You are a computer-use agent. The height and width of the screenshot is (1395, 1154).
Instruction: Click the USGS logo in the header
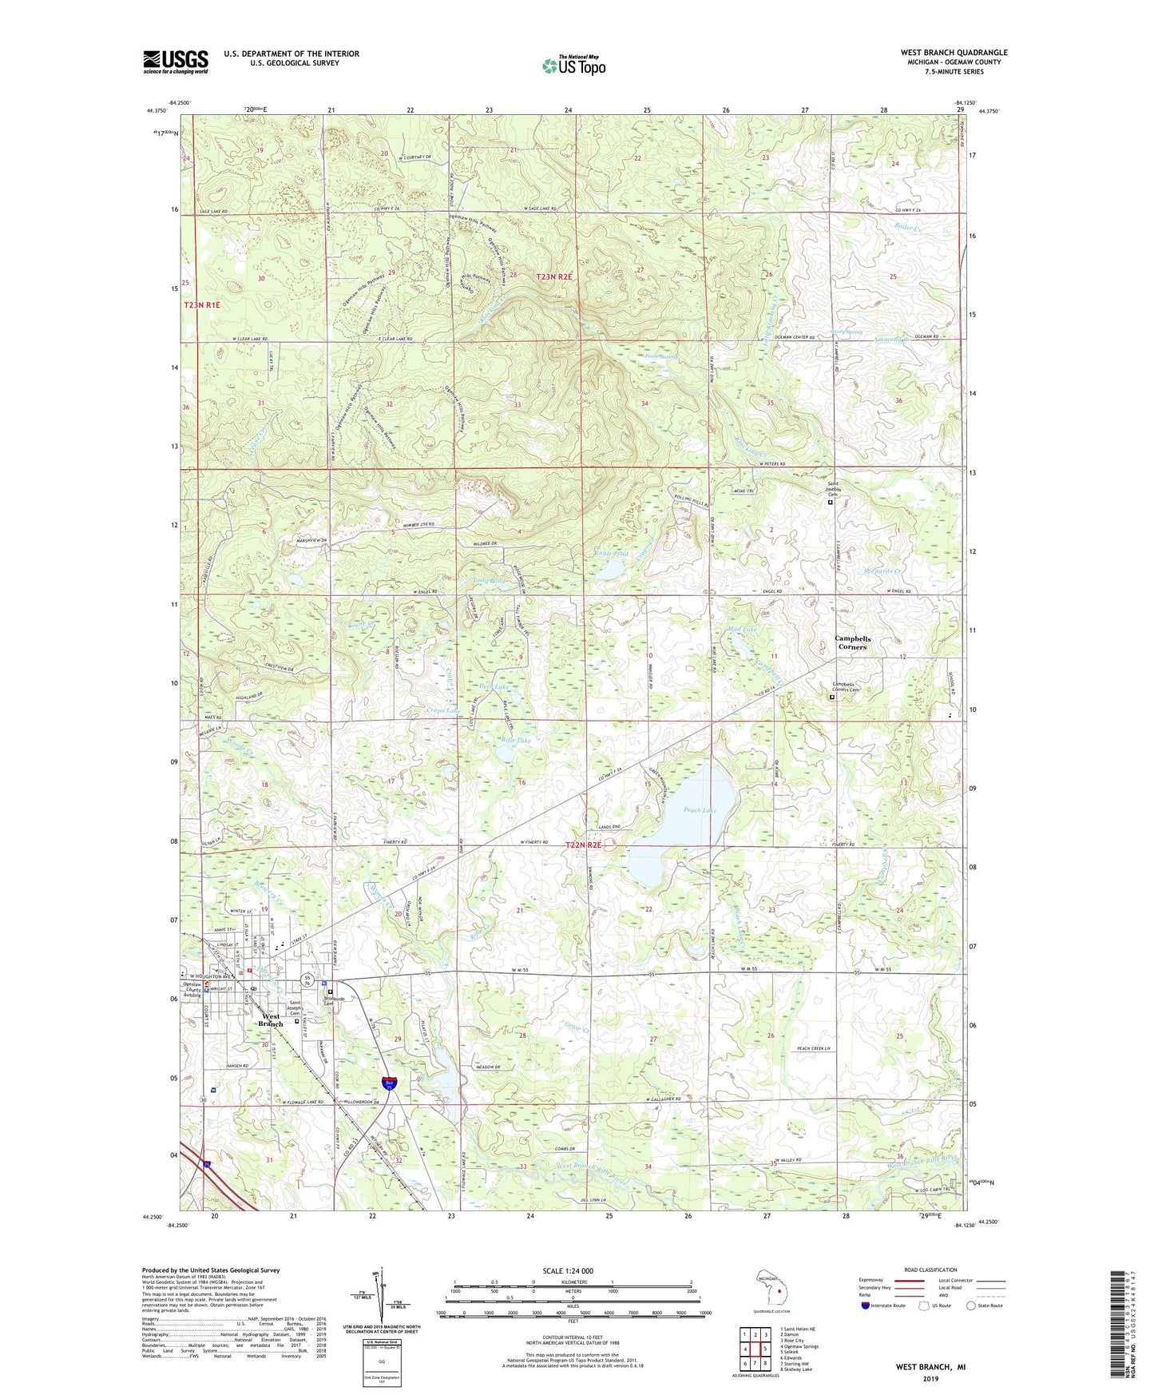click(x=176, y=62)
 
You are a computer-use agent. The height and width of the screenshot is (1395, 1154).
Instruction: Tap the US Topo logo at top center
click(x=573, y=66)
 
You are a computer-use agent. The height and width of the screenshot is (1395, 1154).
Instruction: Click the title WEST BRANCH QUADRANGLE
click(x=954, y=53)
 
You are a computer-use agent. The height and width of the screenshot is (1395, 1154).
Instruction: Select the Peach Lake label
click(x=700, y=810)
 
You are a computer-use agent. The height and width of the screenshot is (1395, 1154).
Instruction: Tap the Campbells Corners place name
click(x=852, y=642)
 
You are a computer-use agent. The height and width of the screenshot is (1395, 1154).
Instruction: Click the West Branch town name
click(x=271, y=1020)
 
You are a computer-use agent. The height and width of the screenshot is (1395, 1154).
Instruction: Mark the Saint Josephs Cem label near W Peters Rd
click(x=833, y=490)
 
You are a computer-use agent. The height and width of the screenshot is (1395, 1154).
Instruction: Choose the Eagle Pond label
click(x=612, y=553)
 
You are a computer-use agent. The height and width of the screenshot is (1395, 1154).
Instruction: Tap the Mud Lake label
click(x=742, y=630)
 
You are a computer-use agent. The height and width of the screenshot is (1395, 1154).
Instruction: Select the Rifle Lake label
click(x=515, y=741)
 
